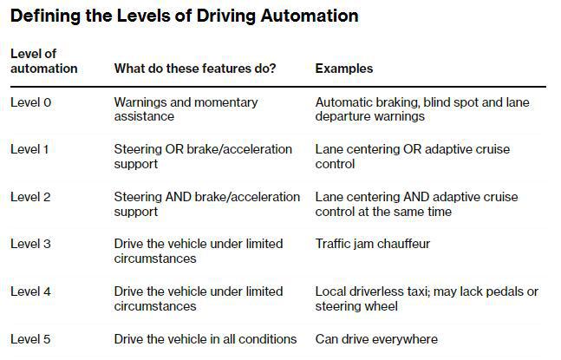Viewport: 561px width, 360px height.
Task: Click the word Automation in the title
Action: [x=310, y=16]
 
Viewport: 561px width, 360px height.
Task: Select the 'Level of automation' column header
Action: [x=44, y=61]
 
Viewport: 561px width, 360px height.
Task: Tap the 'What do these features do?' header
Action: [x=195, y=69]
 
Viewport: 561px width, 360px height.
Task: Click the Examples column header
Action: [x=344, y=69]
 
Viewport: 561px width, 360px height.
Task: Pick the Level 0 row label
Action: [x=30, y=102]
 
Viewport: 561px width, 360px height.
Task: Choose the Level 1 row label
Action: [x=29, y=149]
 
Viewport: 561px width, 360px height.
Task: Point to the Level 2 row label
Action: [x=30, y=197]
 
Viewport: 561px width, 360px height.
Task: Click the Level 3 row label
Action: [x=30, y=244]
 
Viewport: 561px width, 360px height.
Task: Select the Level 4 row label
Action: [x=30, y=291]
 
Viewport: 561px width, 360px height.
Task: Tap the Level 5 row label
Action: [x=30, y=339]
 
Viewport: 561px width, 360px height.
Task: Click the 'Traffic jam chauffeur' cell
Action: [x=373, y=244]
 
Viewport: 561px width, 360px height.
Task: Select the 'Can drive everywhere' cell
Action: [x=376, y=339]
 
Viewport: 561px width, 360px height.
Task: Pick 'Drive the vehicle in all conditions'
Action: [x=205, y=339]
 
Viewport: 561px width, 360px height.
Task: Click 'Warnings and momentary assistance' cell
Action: [x=186, y=109]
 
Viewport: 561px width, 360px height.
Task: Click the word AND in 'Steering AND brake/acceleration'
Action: [x=178, y=197]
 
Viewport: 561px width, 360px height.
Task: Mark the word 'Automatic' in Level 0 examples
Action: [x=344, y=102]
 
